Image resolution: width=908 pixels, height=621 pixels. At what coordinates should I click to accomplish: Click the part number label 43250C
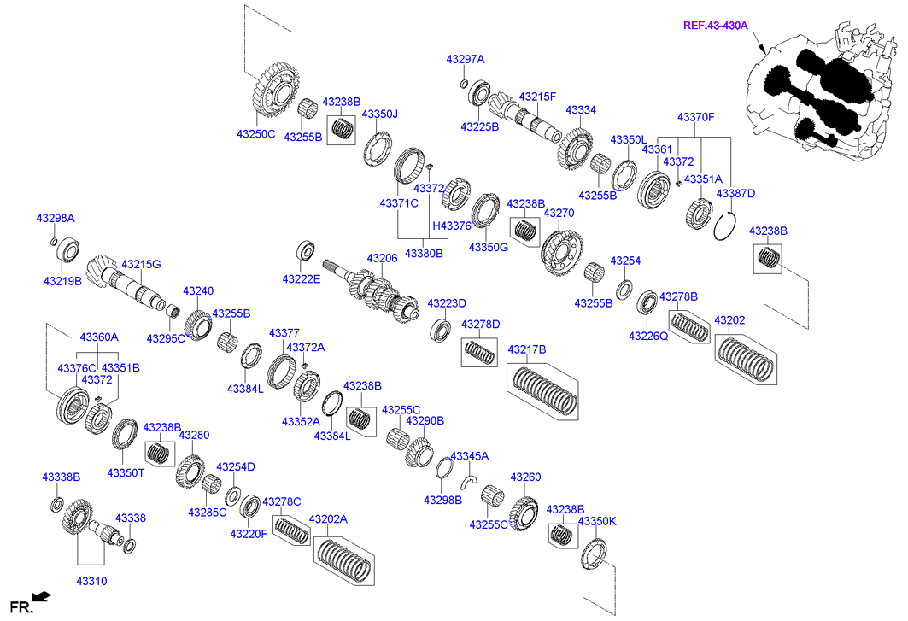point(256,134)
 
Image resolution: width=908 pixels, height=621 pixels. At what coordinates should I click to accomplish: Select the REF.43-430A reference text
point(715,26)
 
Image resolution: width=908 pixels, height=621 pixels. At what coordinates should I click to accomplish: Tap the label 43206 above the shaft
point(383,257)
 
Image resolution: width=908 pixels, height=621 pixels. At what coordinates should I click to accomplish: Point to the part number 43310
point(91,581)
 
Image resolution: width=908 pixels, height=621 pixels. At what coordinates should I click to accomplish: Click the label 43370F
point(695,116)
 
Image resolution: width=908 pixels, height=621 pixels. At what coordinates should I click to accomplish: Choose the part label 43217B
point(527,349)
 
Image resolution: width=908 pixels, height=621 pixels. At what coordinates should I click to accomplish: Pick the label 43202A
point(328,519)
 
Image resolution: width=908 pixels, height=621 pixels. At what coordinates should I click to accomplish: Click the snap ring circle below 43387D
point(725,228)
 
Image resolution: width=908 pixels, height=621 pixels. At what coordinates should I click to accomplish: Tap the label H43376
point(452,226)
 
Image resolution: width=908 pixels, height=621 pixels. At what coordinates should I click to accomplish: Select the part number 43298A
point(55,219)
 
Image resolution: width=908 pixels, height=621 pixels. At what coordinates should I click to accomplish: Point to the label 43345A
point(469,456)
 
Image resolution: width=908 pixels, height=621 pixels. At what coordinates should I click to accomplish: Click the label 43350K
point(596,521)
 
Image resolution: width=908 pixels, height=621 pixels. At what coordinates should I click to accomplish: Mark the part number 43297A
point(465,59)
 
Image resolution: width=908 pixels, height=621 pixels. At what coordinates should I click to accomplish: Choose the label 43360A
point(99,337)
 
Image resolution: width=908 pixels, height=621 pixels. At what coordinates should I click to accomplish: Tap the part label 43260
point(525,477)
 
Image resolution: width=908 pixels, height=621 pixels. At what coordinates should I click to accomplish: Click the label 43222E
point(302,278)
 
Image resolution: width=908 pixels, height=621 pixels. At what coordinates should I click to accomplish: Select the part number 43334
point(581,110)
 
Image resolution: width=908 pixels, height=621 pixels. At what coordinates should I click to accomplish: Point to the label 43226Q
point(648,336)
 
